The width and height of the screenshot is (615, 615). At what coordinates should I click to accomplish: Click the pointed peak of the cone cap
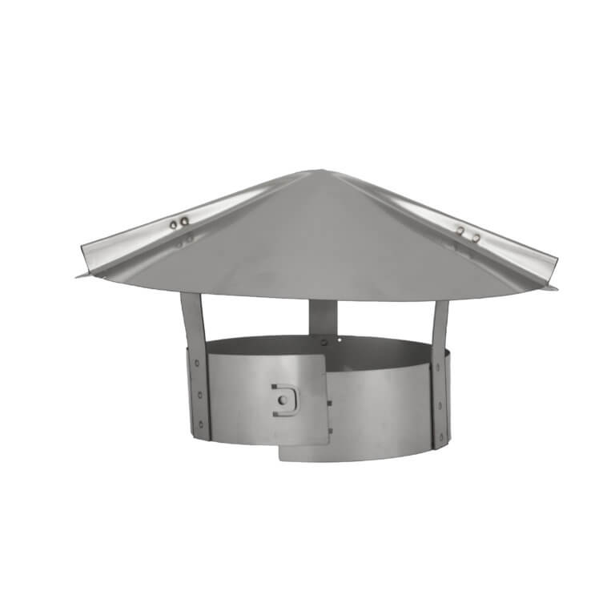pyautogui.click(x=313, y=171)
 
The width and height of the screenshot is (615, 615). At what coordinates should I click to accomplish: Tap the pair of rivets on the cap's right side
pyautogui.click(x=468, y=235)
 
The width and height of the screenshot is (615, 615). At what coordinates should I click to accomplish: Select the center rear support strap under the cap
pyautogui.click(x=323, y=316)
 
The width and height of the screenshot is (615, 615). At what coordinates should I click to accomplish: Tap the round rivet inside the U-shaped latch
pyautogui.click(x=283, y=400)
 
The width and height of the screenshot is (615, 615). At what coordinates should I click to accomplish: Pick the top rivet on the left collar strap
pyautogui.click(x=197, y=363)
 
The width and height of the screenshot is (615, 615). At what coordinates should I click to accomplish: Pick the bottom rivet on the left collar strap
pyautogui.click(x=201, y=424)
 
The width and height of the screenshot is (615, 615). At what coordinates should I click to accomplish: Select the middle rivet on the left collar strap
pyautogui.click(x=200, y=395)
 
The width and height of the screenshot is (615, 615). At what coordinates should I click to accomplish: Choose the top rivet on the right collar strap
pyautogui.click(x=438, y=368)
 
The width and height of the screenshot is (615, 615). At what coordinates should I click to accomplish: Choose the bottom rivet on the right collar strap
pyautogui.click(x=441, y=436)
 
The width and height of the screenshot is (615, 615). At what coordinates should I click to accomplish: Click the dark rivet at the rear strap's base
pyautogui.click(x=324, y=342)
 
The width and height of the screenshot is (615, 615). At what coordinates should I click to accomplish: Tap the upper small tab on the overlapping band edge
pyautogui.click(x=329, y=402)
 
